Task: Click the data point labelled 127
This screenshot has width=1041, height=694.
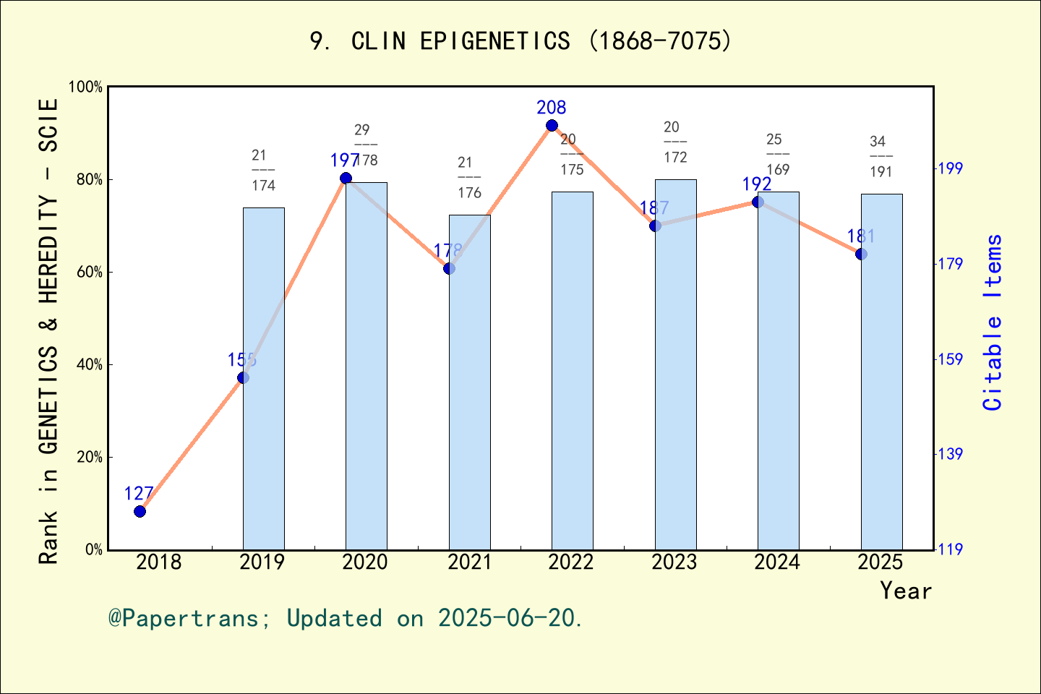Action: [140, 511]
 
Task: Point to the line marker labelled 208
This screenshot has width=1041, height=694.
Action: [552, 126]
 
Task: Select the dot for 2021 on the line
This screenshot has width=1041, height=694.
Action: [449, 268]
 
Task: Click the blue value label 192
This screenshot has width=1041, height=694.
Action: [756, 184]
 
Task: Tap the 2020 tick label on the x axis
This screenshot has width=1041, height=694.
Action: [365, 562]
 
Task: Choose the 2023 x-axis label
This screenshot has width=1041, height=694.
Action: [674, 562]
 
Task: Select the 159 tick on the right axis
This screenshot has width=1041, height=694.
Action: [951, 359]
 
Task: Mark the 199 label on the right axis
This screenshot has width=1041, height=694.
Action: [951, 168]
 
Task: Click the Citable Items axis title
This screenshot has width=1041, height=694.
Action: [993, 322]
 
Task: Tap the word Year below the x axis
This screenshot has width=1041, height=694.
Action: [906, 591]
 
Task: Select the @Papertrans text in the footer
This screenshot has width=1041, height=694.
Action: [184, 618]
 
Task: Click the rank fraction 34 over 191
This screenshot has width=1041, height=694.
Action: [881, 156]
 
